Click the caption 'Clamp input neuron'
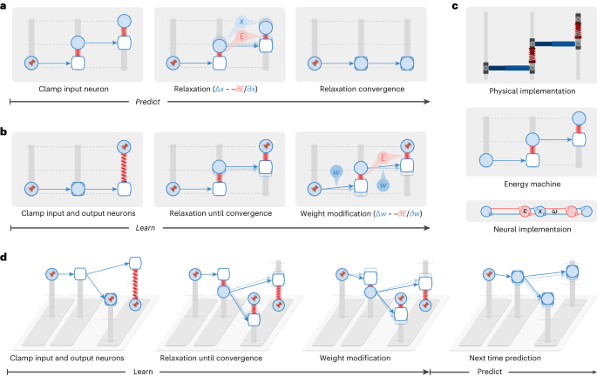coord(73,89)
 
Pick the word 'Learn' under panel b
coord(217,228)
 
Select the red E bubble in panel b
coord(357,158)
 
